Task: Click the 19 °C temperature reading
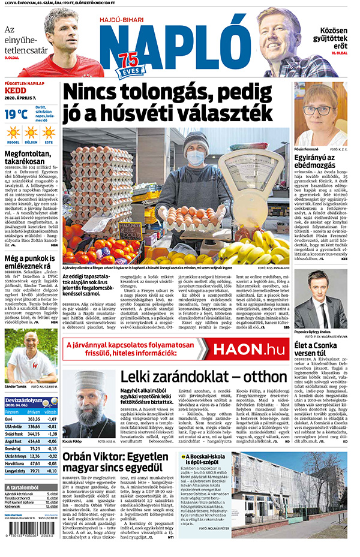(16, 114)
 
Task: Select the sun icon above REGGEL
(13, 133)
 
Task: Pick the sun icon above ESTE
(49, 133)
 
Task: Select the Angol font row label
(13, 441)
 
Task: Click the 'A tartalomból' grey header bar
(30, 487)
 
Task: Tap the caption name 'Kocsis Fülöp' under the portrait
(75, 441)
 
